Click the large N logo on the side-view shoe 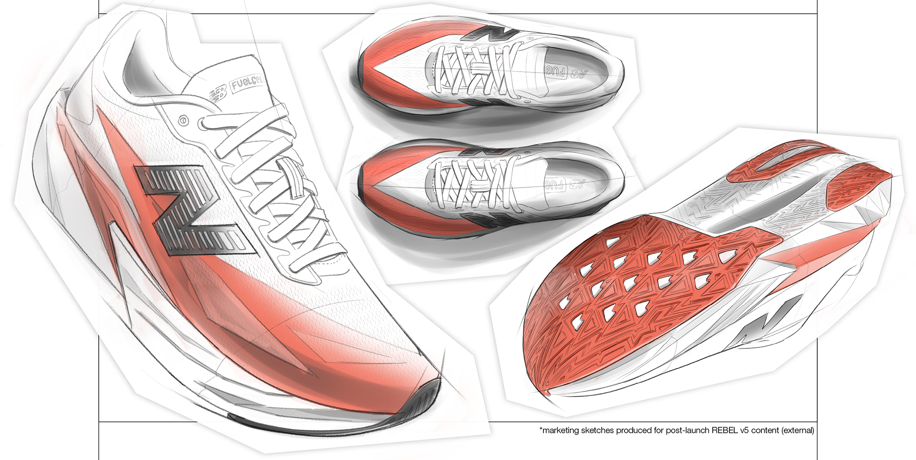click(x=191, y=210)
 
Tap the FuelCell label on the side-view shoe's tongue click(x=248, y=84)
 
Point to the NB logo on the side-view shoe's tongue click(x=219, y=93)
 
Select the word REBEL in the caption click(x=725, y=430)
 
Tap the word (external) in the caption click(x=797, y=430)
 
